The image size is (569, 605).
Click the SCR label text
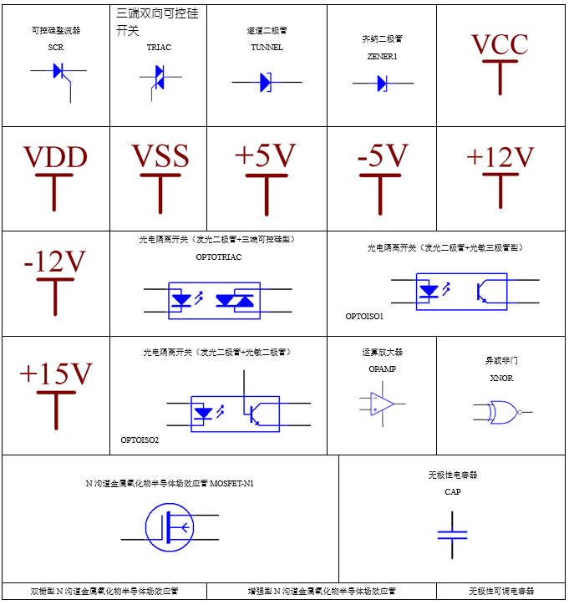[56, 48]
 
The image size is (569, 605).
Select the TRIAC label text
[159, 48]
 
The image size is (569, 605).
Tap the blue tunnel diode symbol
[266, 82]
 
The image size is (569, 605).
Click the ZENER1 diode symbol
[382, 83]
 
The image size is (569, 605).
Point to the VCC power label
[500, 44]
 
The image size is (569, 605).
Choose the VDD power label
[55, 156]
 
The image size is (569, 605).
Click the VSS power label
[160, 156]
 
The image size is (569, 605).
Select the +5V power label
[266, 156]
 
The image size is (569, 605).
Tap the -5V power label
[382, 156]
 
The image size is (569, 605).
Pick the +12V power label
[500, 156]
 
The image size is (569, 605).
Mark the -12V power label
[55, 262]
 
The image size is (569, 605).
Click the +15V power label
[55, 374]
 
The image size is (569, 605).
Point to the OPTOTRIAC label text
[219, 257]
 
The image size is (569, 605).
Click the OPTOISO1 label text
[364, 317]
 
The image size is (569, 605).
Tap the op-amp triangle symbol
[383, 404]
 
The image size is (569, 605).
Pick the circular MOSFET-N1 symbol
[170, 527]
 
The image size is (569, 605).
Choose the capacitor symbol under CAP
[452, 531]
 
